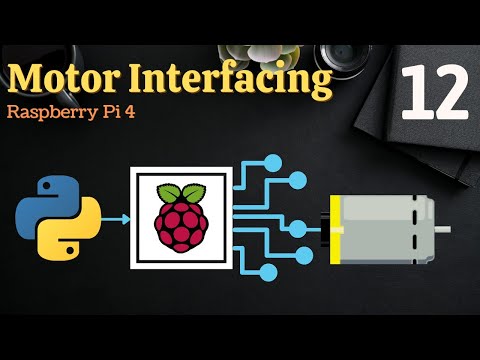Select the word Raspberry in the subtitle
pos(50,112)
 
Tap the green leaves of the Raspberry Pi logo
pos(181,189)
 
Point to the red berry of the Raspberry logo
pos(181,222)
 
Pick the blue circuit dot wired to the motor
pos(297,228)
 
